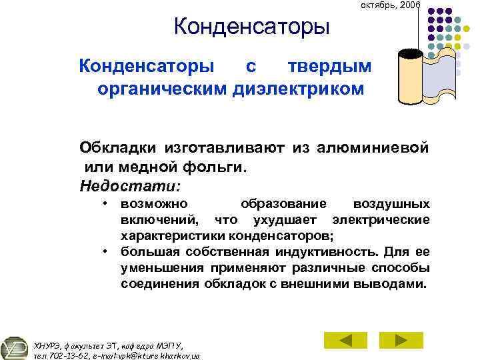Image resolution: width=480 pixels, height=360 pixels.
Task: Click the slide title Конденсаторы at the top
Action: pos(251,28)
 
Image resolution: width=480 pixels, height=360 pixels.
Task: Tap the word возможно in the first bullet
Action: pos(154,203)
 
